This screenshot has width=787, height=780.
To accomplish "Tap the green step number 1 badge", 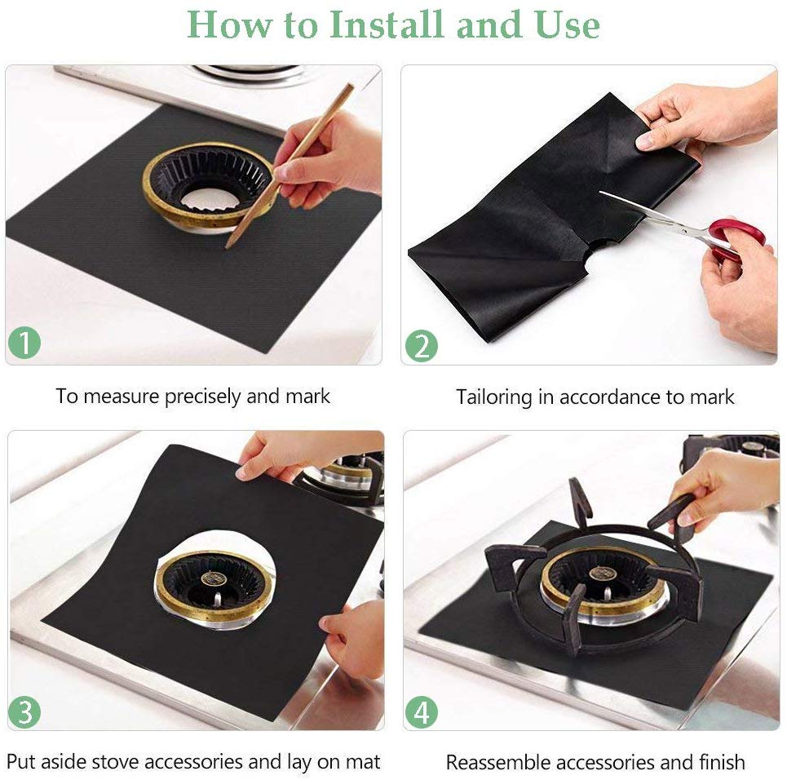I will coord(24,343).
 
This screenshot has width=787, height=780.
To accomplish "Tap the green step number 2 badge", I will coord(421,347).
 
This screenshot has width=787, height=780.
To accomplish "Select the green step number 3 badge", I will coord(24,712).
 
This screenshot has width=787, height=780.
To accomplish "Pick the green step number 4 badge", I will coord(421,712).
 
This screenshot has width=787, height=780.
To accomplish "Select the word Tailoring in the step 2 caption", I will coord(494,398).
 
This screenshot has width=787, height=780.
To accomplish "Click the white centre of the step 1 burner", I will coord(208,197).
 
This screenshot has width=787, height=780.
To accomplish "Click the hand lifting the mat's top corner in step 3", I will coord(277,457).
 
